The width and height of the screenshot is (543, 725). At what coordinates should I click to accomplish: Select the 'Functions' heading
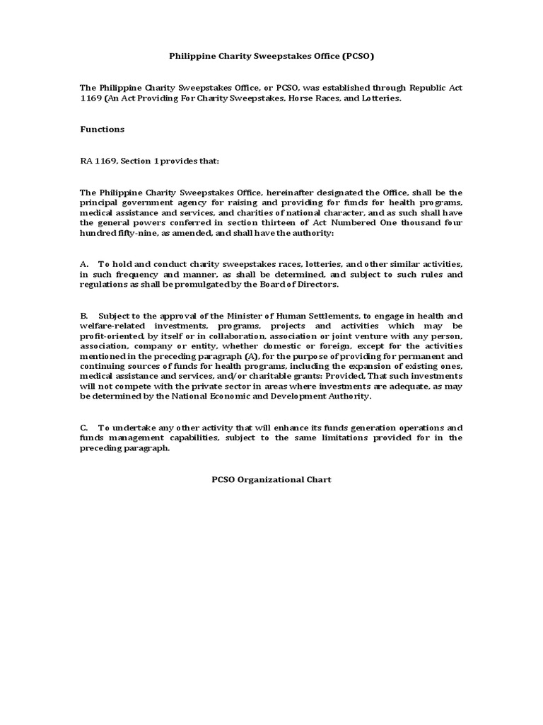tap(102, 129)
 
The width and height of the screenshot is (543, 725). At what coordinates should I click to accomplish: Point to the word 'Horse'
tap(302, 98)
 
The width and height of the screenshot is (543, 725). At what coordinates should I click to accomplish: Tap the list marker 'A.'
tap(84, 263)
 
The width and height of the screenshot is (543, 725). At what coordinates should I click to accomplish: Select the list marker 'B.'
tap(84, 315)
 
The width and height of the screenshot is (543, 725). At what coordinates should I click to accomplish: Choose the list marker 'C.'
tap(84, 428)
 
